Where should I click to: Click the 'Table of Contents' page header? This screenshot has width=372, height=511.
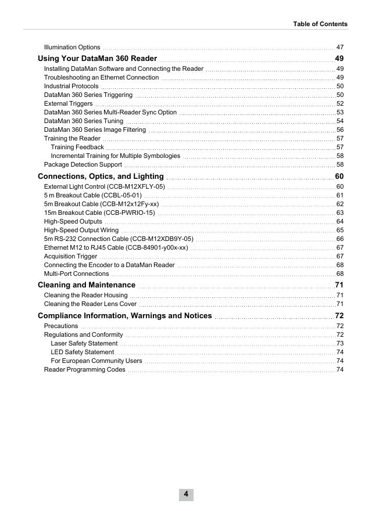(x=320, y=24)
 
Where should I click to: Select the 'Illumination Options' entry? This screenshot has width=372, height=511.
(x=72, y=47)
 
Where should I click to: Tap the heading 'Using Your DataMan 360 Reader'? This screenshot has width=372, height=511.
(x=97, y=59)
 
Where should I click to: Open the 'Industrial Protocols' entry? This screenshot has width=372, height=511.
(x=71, y=86)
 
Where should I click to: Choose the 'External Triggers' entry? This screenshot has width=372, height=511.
(x=68, y=103)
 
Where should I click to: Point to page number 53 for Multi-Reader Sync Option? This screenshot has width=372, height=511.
(x=340, y=112)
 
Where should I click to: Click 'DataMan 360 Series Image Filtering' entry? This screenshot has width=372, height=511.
(x=95, y=129)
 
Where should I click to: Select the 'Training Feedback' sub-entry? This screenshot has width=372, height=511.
(x=77, y=147)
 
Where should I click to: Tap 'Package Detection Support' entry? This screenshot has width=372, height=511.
(x=83, y=164)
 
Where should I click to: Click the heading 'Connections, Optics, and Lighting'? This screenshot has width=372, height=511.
(x=101, y=177)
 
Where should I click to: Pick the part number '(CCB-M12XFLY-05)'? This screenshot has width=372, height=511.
(x=137, y=186)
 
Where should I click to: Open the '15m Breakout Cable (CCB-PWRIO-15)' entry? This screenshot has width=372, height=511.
(x=99, y=213)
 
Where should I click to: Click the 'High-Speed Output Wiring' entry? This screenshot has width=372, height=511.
(x=81, y=230)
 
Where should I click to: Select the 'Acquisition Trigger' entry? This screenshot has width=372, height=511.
(x=70, y=256)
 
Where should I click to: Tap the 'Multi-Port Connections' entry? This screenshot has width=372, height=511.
(x=76, y=274)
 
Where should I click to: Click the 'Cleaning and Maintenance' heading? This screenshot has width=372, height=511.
(x=87, y=285)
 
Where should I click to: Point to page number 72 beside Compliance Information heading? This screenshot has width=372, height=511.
(x=339, y=316)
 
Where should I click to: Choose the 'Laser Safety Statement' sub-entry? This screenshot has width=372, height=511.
(x=84, y=343)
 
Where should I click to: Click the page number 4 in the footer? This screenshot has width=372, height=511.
(x=186, y=494)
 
